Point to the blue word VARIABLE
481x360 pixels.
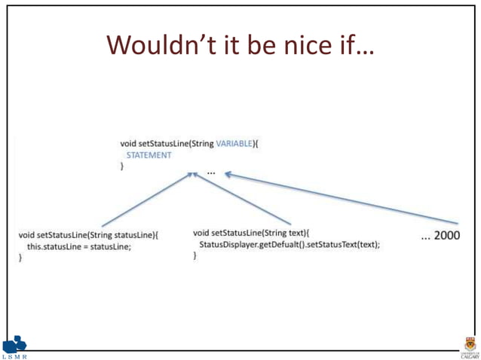[x=235, y=143]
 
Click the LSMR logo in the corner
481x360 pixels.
[x=14, y=347]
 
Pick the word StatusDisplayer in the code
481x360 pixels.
[x=228, y=245]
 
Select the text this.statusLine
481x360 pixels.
[x=54, y=246]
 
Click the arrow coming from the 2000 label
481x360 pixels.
[x=339, y=199]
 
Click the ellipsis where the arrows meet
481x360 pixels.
[x=210, y=172]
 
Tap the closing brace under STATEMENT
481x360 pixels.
[x=122, y=166]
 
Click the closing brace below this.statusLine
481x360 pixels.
[x=20, y=258]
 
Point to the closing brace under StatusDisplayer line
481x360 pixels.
[x=195, y=256]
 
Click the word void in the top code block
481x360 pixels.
[x=128, y=143]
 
